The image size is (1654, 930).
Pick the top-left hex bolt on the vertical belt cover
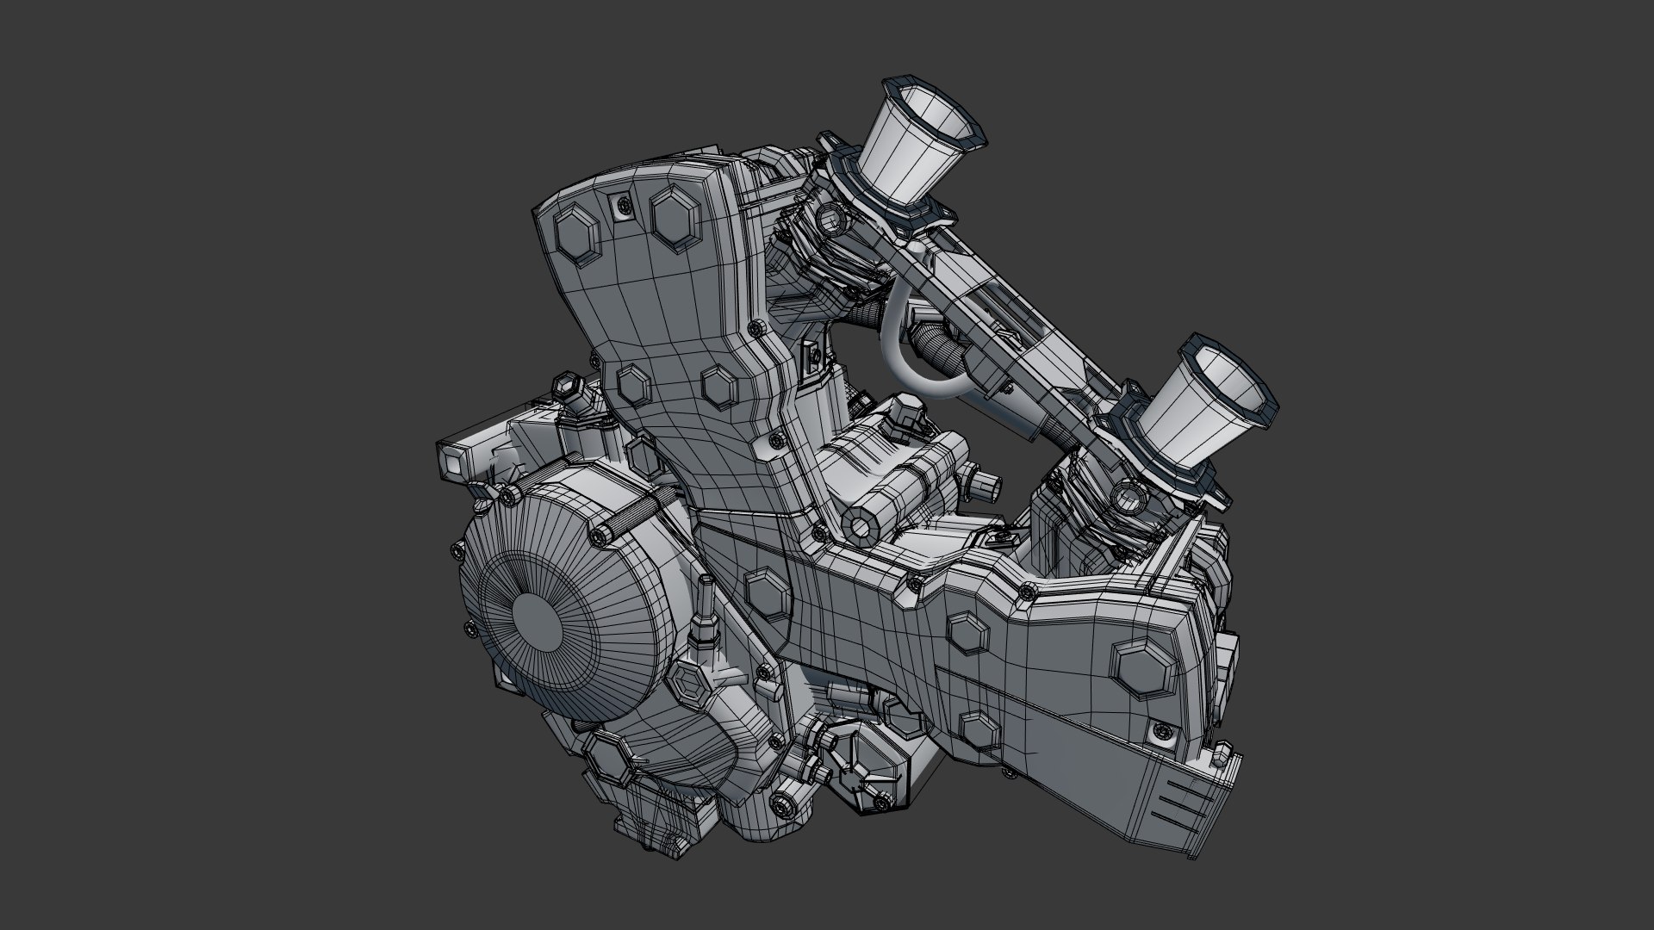[575, 232]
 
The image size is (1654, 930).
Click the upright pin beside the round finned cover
[705, 612]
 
